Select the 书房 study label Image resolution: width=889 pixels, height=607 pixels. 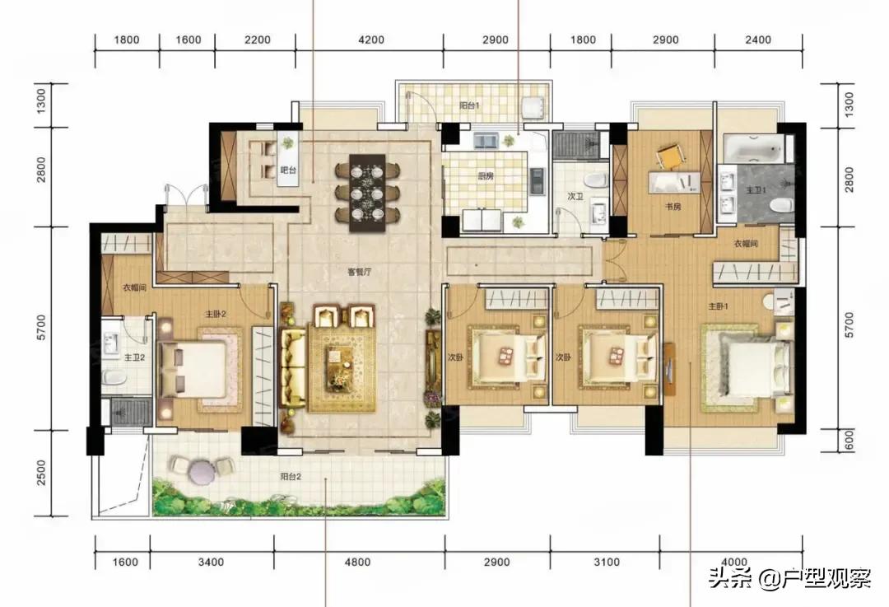click(673, 207)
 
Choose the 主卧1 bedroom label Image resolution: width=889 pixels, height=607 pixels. click(719, 306)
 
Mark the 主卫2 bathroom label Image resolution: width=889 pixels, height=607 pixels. click(134, 357)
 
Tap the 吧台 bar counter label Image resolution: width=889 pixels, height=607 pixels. click(287, 170)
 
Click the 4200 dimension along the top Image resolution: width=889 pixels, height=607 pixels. click(373, 40)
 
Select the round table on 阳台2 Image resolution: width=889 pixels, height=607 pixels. click(202, 470)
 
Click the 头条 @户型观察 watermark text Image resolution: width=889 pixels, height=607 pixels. click(789, 579)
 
